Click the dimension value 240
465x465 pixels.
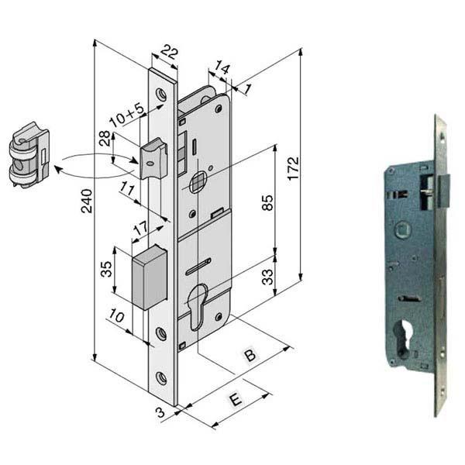87,201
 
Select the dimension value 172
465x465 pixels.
293,165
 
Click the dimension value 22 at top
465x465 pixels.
167,53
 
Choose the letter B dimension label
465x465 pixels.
250,356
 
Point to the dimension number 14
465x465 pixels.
223,70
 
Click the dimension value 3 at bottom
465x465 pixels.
160,413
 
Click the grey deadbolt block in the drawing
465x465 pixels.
151,276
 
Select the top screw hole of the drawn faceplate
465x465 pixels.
161,94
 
